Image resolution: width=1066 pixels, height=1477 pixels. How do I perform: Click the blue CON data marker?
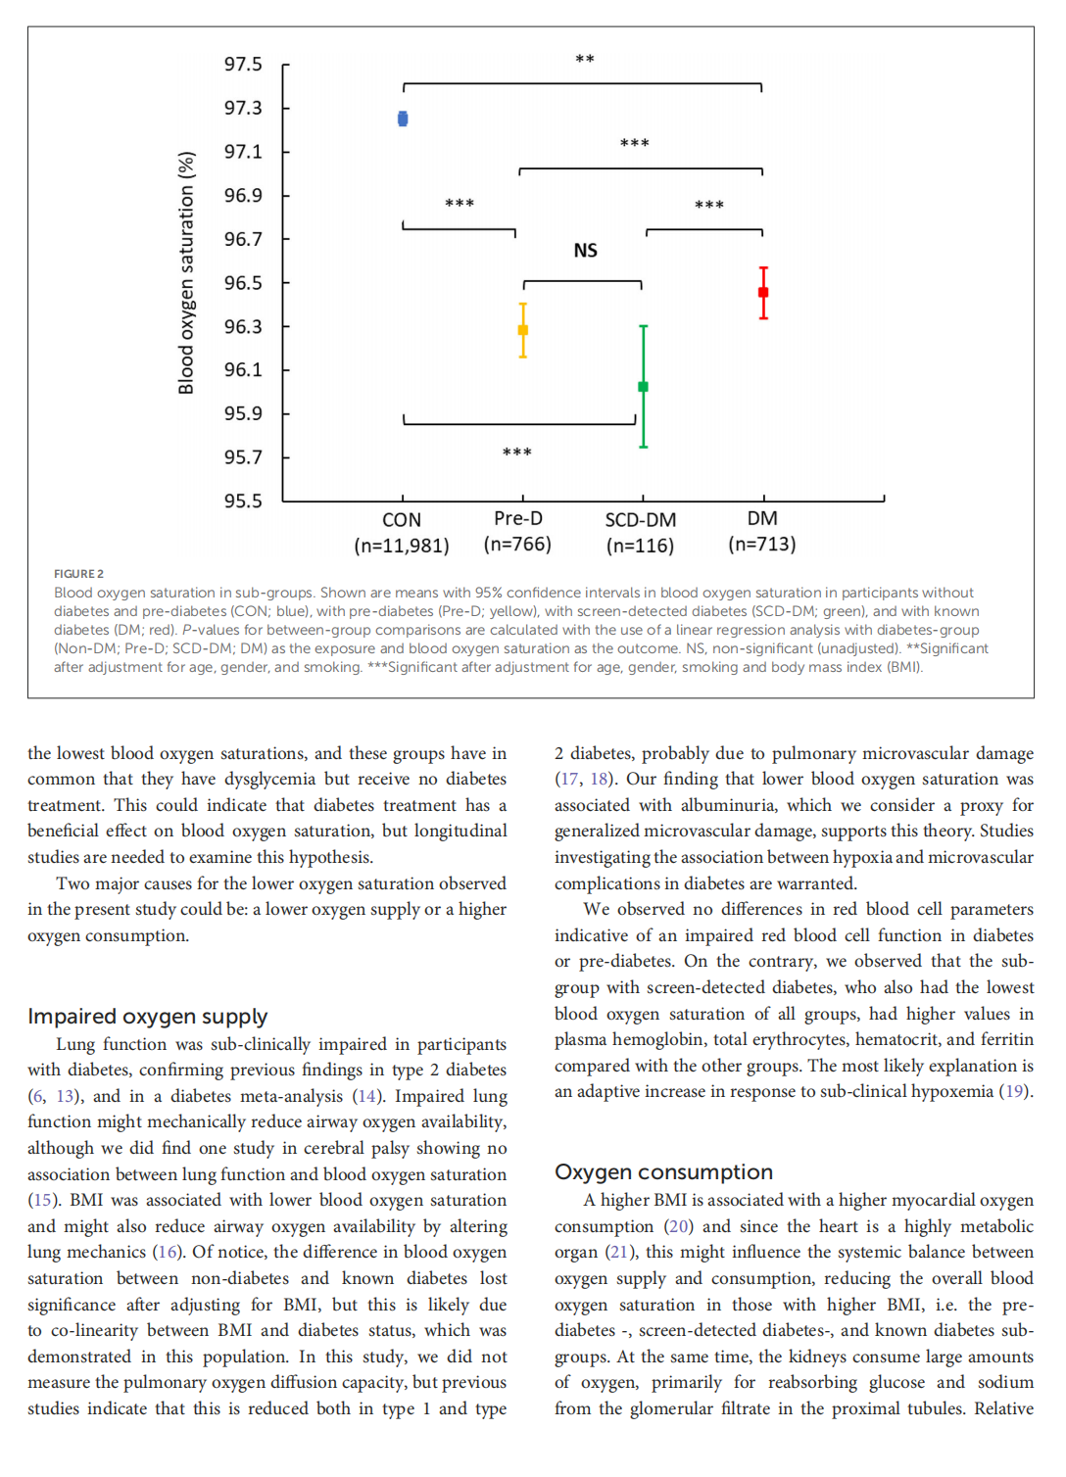(403, 119)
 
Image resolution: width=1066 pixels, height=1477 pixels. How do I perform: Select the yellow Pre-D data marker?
(523, 330)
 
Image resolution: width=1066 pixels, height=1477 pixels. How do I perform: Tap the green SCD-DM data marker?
(643, 387)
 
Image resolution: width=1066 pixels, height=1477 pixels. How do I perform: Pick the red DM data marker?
(763, 292)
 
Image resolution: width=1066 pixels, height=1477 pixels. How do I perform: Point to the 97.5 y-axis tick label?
(243, 65)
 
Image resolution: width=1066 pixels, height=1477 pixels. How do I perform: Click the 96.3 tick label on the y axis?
(243, 326)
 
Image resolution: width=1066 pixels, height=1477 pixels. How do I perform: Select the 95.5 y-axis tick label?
(243, 501)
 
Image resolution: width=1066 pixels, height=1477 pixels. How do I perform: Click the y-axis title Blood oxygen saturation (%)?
(186, 273)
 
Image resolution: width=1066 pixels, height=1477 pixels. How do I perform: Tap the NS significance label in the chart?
(585, 251)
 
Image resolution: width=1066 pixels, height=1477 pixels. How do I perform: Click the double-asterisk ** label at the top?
(585, 60)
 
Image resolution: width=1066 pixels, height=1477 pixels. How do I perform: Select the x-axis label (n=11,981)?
(402, 546)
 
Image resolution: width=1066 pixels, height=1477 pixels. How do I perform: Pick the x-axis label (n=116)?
(640, 546)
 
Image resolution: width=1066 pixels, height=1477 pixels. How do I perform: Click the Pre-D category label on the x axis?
(518, 519)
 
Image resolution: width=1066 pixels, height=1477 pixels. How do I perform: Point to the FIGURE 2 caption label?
(78, 574)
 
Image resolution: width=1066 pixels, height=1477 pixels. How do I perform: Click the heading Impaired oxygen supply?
(147, 1017)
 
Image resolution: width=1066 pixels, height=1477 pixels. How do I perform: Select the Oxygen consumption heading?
(663, 1172)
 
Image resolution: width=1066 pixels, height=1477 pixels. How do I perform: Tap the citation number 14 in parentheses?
(366, 1096)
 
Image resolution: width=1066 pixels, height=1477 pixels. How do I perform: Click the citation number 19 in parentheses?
(1014, 1091)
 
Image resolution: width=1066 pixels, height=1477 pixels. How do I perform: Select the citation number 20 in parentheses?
(678, 1226)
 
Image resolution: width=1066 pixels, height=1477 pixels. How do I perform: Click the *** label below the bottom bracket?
(517, 453)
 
